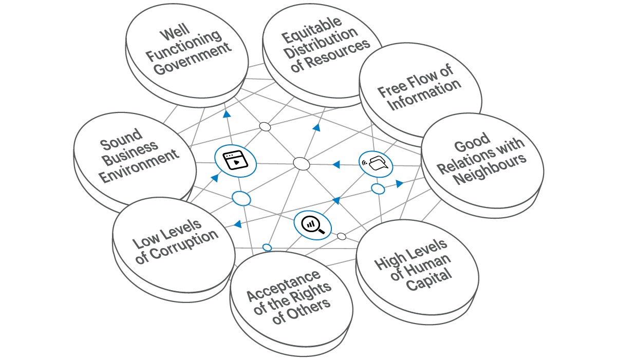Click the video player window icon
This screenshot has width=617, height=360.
(x=235, y=160)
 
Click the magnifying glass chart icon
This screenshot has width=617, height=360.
(x=313, y=224)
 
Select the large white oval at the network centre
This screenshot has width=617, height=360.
(x=302, y=164)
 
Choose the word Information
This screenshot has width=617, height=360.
(x=425, y=94)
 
